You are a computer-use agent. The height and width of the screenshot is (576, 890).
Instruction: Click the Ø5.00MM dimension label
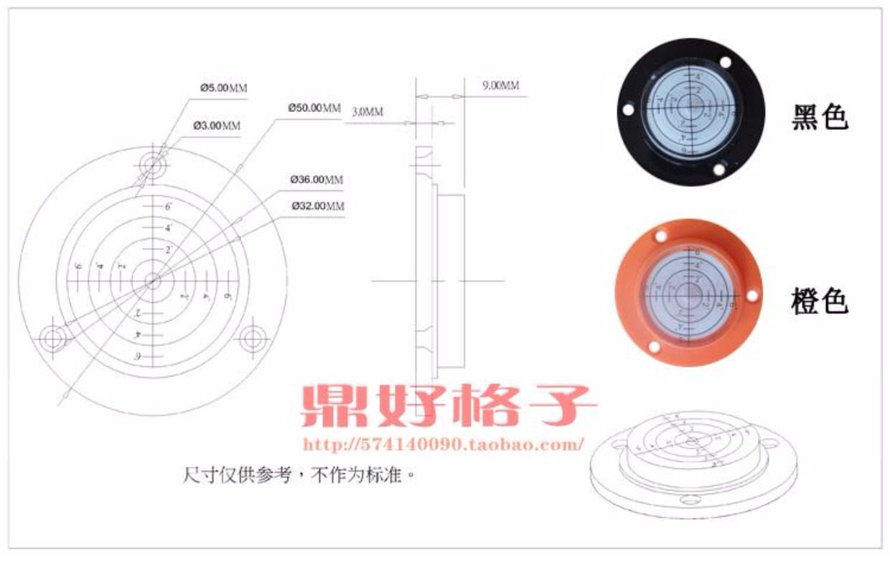tap(223, 88)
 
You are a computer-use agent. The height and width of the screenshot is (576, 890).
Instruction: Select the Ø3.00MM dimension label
tap(217, 126)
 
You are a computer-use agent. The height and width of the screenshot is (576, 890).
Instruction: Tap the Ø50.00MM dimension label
tap(314, 108)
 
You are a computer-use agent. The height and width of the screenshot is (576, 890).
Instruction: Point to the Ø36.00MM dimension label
tap(317, 180)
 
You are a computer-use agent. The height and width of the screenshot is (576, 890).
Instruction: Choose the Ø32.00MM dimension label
tap(318, 206)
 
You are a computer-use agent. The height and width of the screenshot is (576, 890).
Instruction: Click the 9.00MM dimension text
tap(500, 85)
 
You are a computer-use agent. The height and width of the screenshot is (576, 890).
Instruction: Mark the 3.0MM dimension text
tap(367, 112)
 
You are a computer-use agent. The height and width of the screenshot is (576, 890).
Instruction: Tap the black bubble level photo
tap(691, 111)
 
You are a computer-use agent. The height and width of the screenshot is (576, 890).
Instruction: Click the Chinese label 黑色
tap(820, 118)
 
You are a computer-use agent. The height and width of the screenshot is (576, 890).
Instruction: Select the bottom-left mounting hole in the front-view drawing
tap(52, 338)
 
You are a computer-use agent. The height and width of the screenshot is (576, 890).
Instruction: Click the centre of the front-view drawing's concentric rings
tap(153, 281)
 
